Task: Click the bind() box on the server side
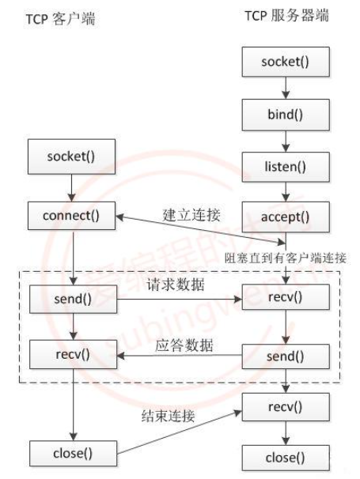coord(286,115)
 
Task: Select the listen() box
coord(286,167)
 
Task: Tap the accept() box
coord(286,217)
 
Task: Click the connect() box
coord(71,216)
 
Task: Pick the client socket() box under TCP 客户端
coord(71,157)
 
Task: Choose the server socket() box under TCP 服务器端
coord(286,62)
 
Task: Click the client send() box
coord(73,299)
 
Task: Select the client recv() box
coord(73,354)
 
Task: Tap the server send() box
coord(286,356)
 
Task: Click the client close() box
coord(73,454)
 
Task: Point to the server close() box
coord(286,458)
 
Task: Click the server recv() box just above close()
coord(286,407)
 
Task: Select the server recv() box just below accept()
coord(286,297)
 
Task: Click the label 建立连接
coord(191,215)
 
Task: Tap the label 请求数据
coord(176,285)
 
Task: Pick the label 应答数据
coord(184,345)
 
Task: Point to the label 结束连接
coord(168,416)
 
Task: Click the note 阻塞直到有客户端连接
coord(286,258)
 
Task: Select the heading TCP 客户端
coord(60,19)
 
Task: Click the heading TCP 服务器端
coord(287,15)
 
